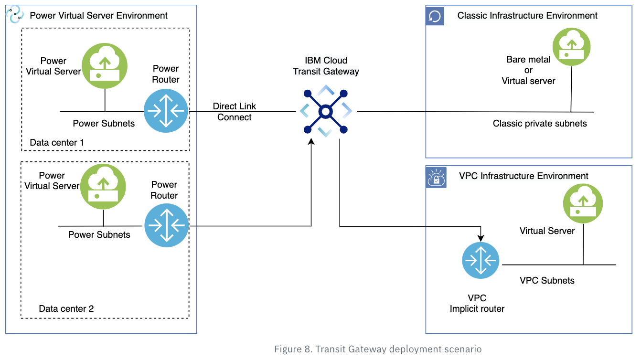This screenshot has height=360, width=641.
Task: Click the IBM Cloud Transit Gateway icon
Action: click(325, 112)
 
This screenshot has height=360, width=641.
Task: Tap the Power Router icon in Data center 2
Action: click(167, 225)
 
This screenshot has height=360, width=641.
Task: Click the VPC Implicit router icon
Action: click(481, 261)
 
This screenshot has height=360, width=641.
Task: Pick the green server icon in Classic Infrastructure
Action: click(571, 46)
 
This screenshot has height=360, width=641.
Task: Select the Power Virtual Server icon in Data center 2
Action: click(103, 186)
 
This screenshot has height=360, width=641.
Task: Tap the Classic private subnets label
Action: click(540, 124)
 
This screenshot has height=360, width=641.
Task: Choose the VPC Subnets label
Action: click(547, 280)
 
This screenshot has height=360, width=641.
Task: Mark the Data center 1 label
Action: click(57, 142)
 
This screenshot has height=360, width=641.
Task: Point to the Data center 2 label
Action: click(66, 308)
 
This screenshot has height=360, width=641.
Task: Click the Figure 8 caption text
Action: click(377, 349)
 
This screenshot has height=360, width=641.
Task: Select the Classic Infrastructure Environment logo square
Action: click(435, 16)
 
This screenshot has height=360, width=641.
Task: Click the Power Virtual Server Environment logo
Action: click(15, 15)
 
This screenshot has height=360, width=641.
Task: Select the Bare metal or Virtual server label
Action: click(528, 71)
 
